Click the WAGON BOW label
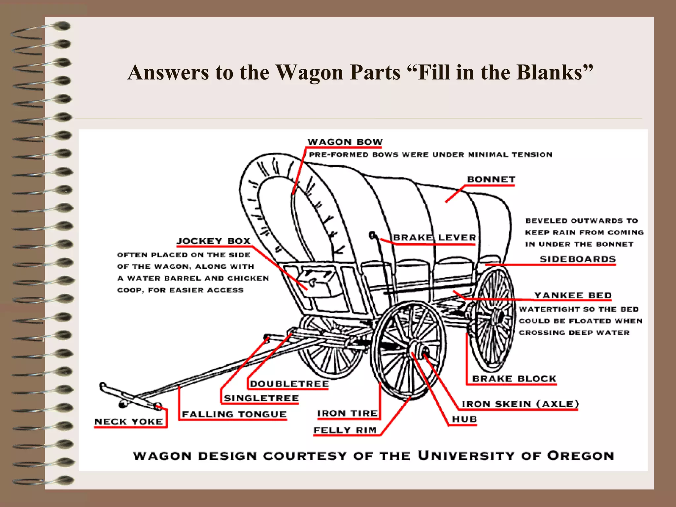(345, 142)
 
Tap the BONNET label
(491, 180)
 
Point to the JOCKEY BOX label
(214, 241)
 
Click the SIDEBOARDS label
(578, 259)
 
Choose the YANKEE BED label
(573, 295)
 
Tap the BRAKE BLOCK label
(514, 379)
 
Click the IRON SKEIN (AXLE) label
(520, 404)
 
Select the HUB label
(464, 419)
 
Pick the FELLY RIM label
(345, 430)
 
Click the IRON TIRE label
(347, 413)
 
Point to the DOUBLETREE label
(289, 384)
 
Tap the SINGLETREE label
(261, 398)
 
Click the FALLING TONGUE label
(234, 414)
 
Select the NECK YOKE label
(128, 422)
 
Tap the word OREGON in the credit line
(581, 456)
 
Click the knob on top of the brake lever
(372, 235)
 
